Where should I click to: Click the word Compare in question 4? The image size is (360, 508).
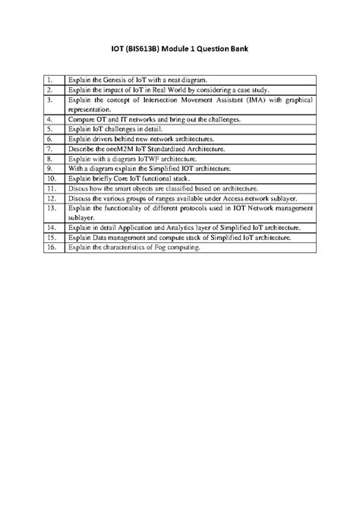pyautogui.click(x=81, y=119)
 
